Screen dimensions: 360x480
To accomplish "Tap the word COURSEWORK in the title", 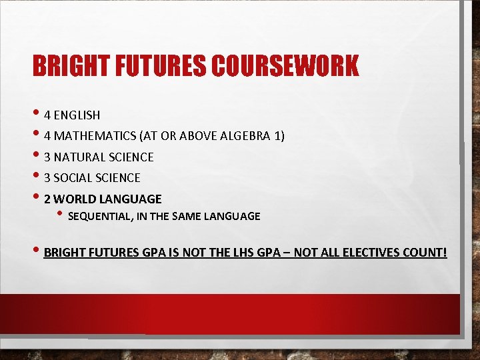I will (285, 66).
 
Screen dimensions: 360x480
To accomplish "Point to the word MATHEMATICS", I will (95, 136).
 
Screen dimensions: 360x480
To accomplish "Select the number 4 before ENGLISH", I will (47, 115).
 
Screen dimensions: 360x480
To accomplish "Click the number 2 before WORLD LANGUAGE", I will (47, 199).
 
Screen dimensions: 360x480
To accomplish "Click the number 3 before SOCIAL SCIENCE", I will (47, 178).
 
